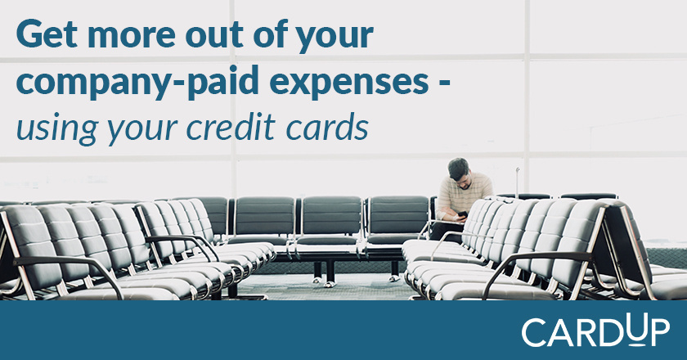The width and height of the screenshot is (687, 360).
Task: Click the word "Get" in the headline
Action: pos(47,35)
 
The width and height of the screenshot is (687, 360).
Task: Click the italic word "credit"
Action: pos(231,126)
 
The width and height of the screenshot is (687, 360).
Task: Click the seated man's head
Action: pos(459,169)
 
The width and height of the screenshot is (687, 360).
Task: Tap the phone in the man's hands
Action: pos(463,214)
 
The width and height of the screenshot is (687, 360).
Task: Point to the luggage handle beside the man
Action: pos(518,182)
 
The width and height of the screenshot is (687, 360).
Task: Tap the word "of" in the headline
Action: pos(269,34)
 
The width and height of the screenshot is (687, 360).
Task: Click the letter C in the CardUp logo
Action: pos(534,333)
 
